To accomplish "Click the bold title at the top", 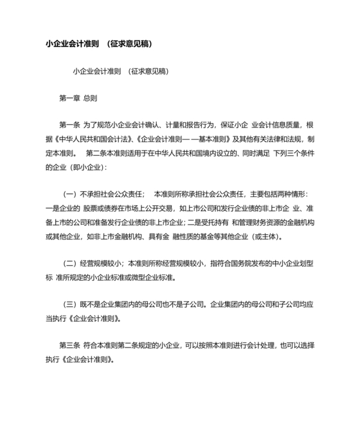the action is click(99, 44).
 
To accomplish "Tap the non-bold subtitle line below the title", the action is click(121, 71).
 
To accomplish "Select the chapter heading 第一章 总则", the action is click(78, 98).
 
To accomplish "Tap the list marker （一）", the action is click(69, 194).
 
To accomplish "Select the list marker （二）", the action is click(69, 263).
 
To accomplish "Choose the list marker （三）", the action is click(69, 304).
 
